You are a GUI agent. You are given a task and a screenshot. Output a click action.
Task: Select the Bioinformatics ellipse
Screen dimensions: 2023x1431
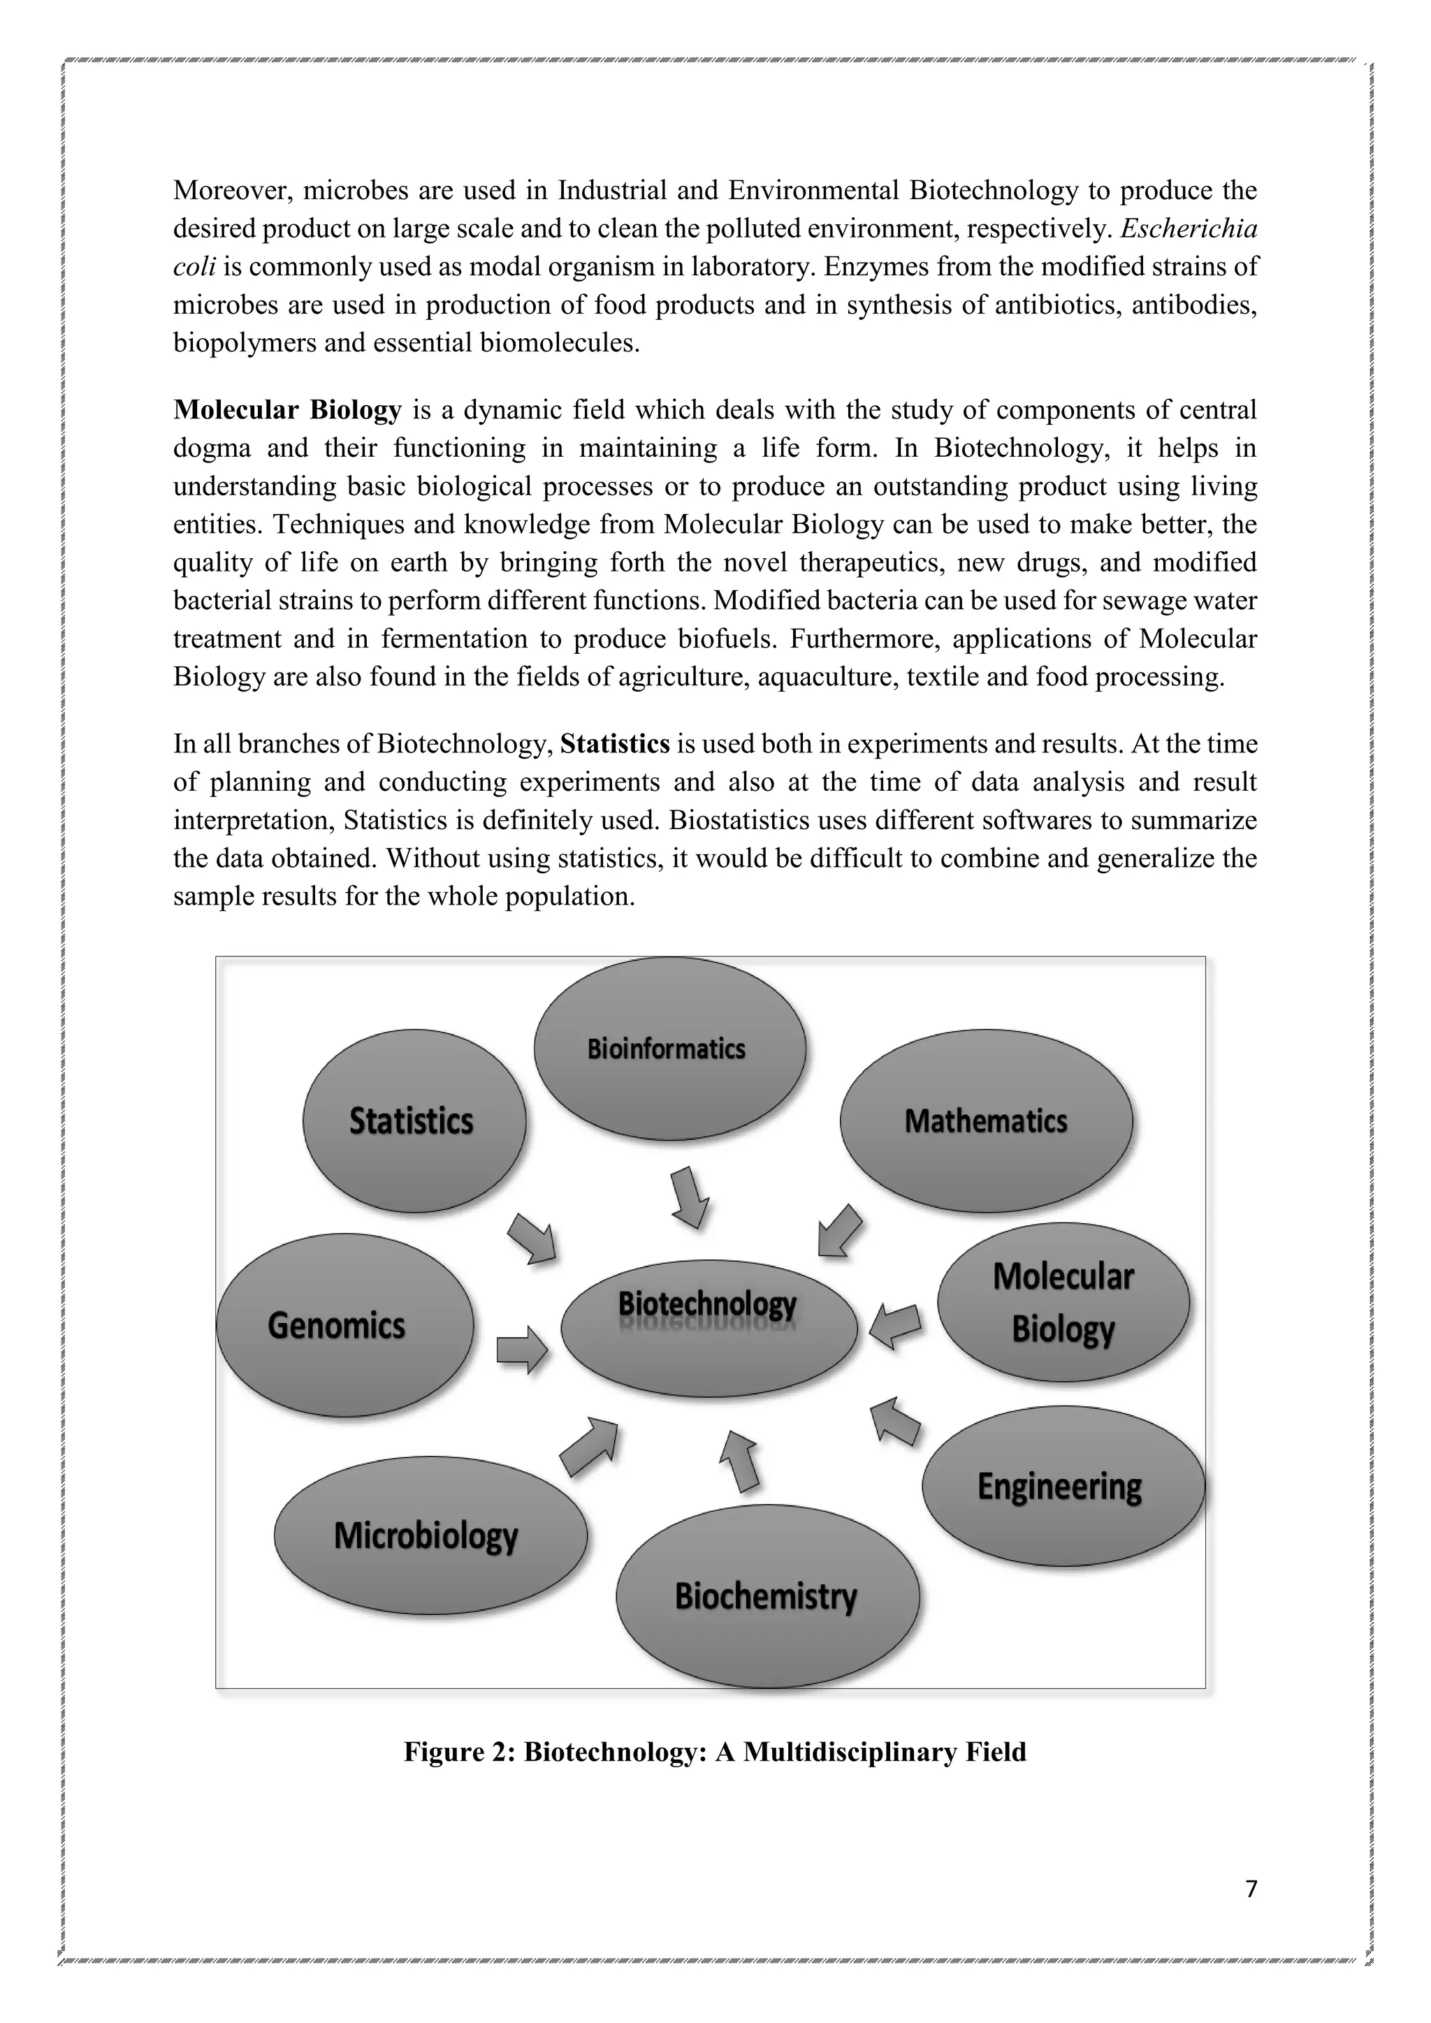[669, 1049]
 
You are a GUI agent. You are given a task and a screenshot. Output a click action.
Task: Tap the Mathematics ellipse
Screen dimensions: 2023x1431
[985, 1120]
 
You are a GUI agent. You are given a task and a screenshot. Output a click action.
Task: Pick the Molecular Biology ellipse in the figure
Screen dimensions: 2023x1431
[1063, 1302]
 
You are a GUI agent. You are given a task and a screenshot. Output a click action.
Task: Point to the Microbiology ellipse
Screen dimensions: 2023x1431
[429, 1535]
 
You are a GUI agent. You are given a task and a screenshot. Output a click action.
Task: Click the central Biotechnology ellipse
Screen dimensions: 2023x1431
[709, 1329]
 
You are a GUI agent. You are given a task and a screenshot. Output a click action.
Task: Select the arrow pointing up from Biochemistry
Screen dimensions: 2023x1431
[740, 1460]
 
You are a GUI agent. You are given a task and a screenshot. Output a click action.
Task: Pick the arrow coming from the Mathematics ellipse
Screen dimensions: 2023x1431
[839, 1230]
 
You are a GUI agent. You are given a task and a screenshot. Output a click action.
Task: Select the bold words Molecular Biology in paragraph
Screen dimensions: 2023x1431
[287, 411]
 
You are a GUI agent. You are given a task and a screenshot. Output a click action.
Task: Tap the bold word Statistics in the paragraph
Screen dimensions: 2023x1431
[615, 745]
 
